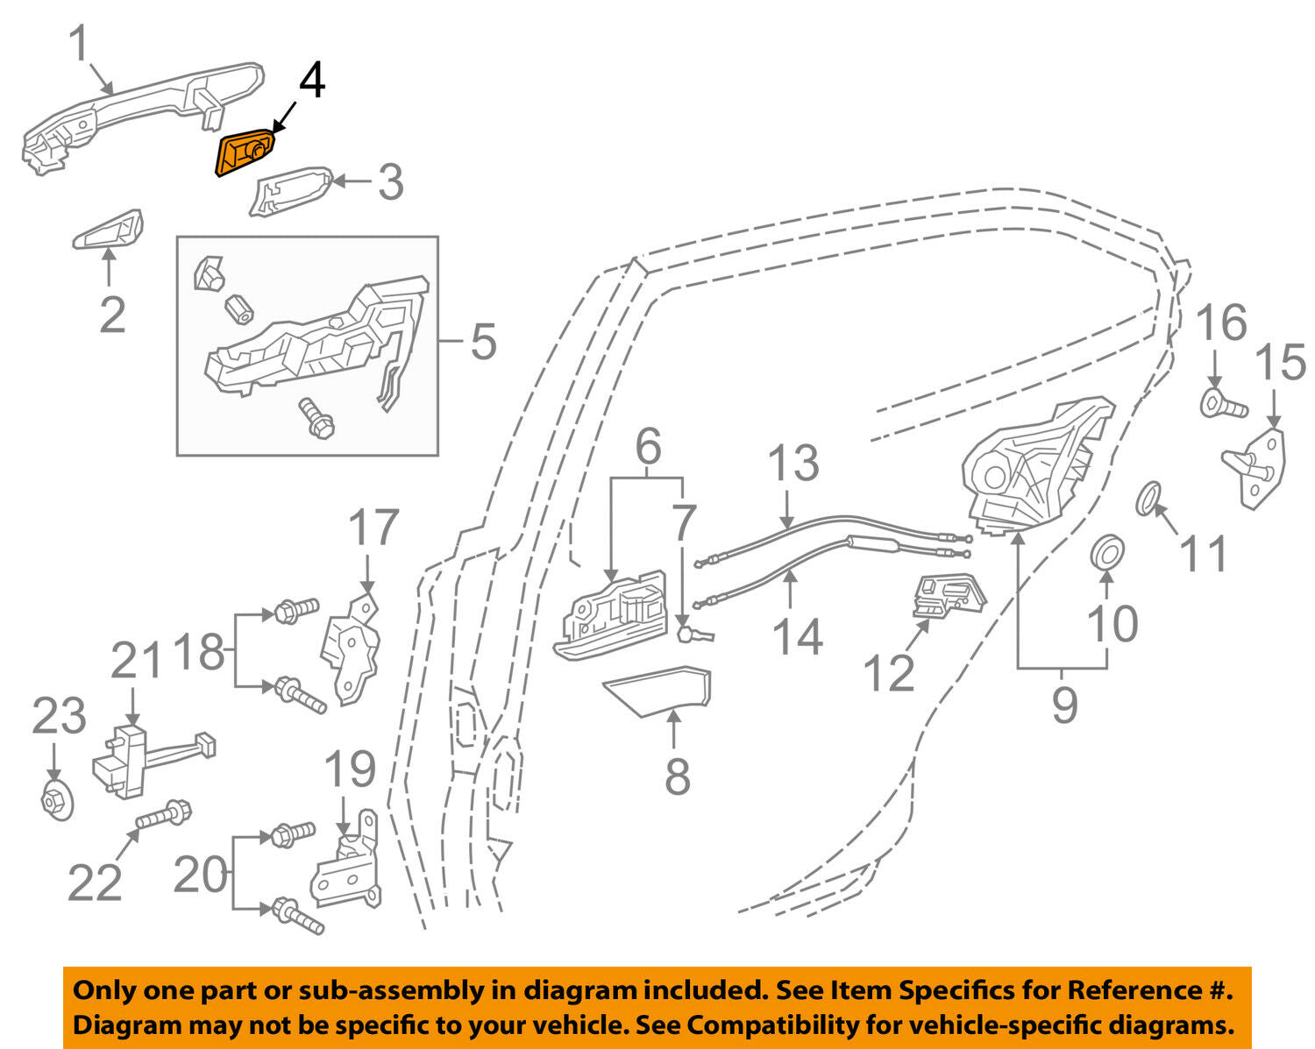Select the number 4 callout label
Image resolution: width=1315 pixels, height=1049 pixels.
[x=311, y=81]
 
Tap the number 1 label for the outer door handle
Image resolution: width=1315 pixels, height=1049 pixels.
[x=79, y=44]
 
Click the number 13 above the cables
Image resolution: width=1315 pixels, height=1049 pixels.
[x=793, y=463]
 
